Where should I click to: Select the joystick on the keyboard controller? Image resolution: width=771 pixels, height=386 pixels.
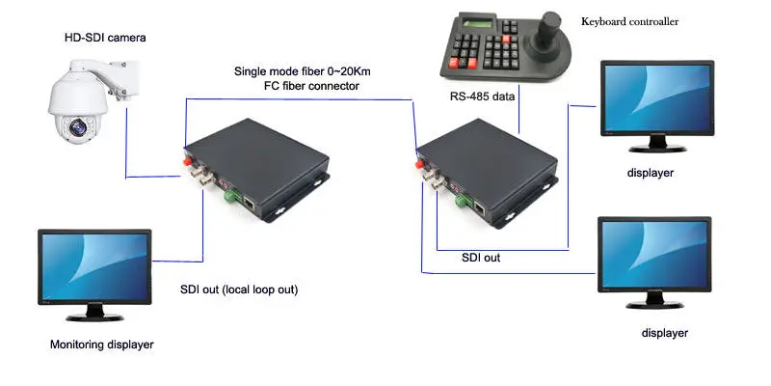coord(550,29)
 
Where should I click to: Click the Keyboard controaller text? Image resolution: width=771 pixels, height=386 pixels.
coord(630,18)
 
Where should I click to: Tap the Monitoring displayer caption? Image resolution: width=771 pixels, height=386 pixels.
coord(101,345)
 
